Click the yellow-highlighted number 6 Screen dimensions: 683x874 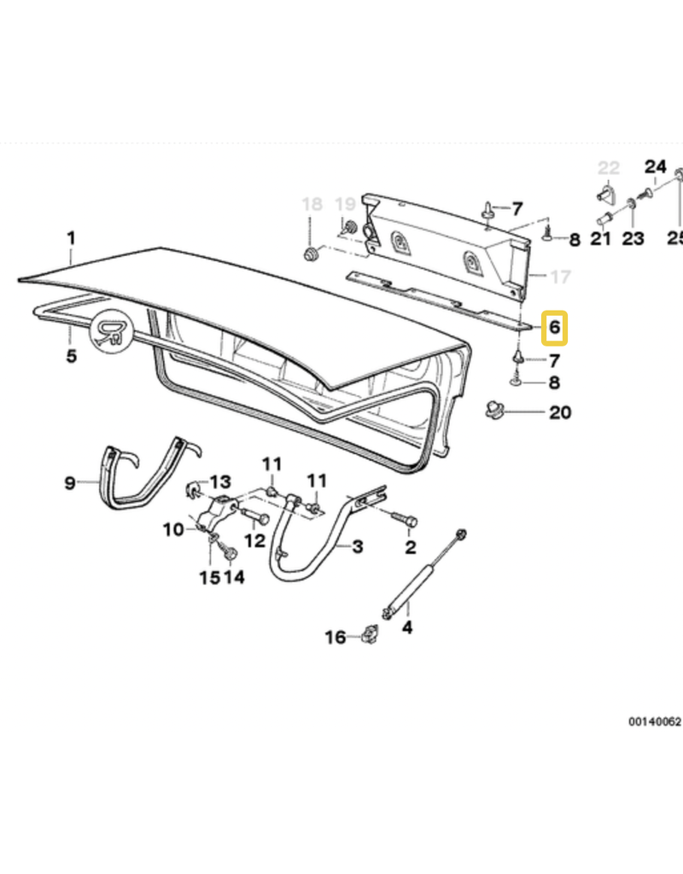pyautogui.click(x=554, y=328)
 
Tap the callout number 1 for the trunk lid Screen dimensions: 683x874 pyautogui.click(x=71, y=239)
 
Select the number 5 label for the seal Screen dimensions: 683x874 pyautogui.click(x=71, y=356)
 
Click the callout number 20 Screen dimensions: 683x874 pyautogui.click(x=560, y=412)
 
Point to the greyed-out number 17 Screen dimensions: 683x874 pyautogui.click(x=560, y=277)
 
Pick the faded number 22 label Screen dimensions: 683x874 pyautogui.click(x=609, y=168)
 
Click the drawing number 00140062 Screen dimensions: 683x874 pyautogui.click(x=655, y=721)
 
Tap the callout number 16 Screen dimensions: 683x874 pyautogui.click(x=336, y=637)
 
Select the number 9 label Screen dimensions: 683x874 pyautogui.click(x=70, y=483)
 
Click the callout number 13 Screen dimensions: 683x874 pyautogui.click(x=219, y=481)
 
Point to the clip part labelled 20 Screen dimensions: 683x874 pyautogui.click(x=494, y=411)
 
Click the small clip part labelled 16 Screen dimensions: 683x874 pyautogui.click(x=370, y=634)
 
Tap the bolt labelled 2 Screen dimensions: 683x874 pyautogui.click(x=406, y=520)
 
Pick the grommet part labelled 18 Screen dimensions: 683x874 pyautogui.click(x=311, y=255)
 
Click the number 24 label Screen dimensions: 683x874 pyautogui.click(x=656, y=166)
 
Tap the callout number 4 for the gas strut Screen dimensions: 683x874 pyautogui.click(x=407, y=627)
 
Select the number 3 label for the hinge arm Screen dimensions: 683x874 pyautogui.click(x=358, y=547)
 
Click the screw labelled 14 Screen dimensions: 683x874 pyautogui.click(x=229, y=553)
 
